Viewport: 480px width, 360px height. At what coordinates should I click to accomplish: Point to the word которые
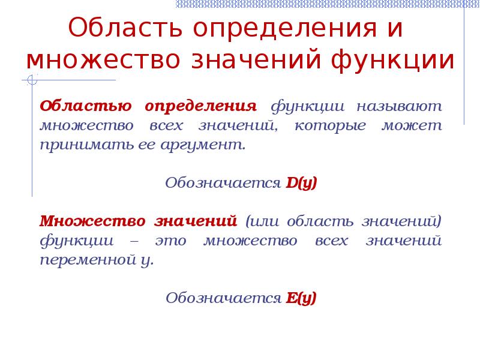[x=326, y=127]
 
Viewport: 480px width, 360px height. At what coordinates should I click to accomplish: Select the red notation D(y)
[x=301, y=183]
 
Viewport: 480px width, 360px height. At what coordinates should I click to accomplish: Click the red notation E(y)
[x=301, y=298]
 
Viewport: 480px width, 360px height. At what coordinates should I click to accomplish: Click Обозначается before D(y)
[x=223, y=183]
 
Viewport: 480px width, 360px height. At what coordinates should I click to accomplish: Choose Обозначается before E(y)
[x=223, y=298]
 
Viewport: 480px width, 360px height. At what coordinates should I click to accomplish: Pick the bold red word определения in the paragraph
[x=200, y=107]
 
